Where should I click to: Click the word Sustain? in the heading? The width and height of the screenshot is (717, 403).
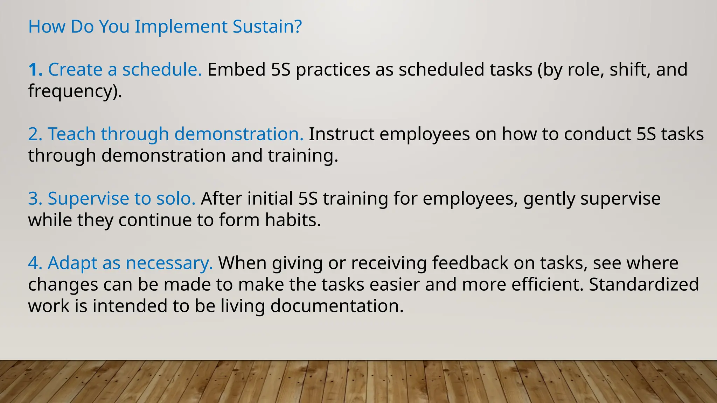tap(267, 27)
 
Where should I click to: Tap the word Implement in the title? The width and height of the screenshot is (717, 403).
tap(181, 27)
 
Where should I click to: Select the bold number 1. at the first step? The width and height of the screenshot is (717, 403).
tap(35, 70)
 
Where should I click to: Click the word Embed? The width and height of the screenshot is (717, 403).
tap(236, 70)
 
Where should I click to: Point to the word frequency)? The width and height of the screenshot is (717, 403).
tap(75, 91)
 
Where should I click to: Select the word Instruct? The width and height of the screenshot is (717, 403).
tap(341, 134)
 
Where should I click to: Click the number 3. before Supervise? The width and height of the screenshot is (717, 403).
tap(35, 198)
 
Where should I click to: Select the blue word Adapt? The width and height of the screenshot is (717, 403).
tap(72, 263)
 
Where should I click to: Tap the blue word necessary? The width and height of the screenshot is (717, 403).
tap(169, 263)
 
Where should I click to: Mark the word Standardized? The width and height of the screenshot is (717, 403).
tap(644, 284)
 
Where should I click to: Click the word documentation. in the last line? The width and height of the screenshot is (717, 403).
tap(337, 306)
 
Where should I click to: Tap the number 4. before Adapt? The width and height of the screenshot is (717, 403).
tap(35, 263)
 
